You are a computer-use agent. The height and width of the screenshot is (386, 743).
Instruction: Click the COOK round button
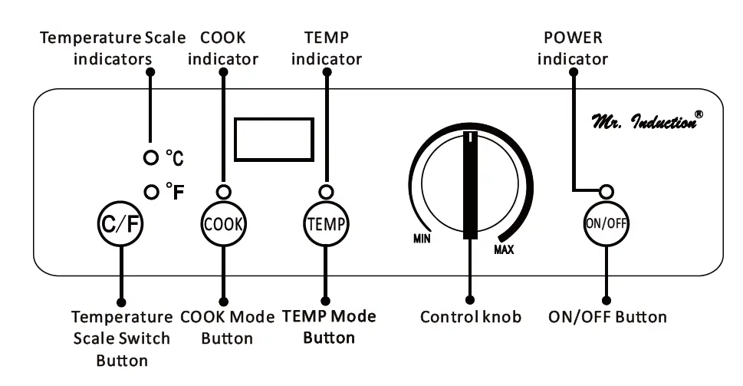click(223, 224)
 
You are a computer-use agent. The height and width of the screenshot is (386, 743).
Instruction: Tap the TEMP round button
click(326, 224)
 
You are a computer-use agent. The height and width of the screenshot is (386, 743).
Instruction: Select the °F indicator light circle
click(150, 189)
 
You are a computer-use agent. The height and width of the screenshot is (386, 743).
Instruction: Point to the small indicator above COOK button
click(223, 192)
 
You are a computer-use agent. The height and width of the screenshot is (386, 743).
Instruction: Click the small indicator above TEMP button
click(326, 192)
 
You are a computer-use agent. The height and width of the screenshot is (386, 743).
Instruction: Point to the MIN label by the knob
click(422, 239)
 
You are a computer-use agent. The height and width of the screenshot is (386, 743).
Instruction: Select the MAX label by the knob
click(504, 249)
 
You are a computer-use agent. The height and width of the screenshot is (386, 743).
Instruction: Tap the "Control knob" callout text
click(471, 317)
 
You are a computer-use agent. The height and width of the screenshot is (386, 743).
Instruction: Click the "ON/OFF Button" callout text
click(607, 317)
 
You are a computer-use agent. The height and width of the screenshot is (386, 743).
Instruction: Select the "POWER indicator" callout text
click(572, 48)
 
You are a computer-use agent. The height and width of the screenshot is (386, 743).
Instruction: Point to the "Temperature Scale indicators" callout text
click(113, 48)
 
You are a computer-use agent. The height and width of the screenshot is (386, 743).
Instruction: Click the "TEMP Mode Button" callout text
click(329, 326)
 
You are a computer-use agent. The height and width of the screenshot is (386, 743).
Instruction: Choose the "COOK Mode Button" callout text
click(227, 327)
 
